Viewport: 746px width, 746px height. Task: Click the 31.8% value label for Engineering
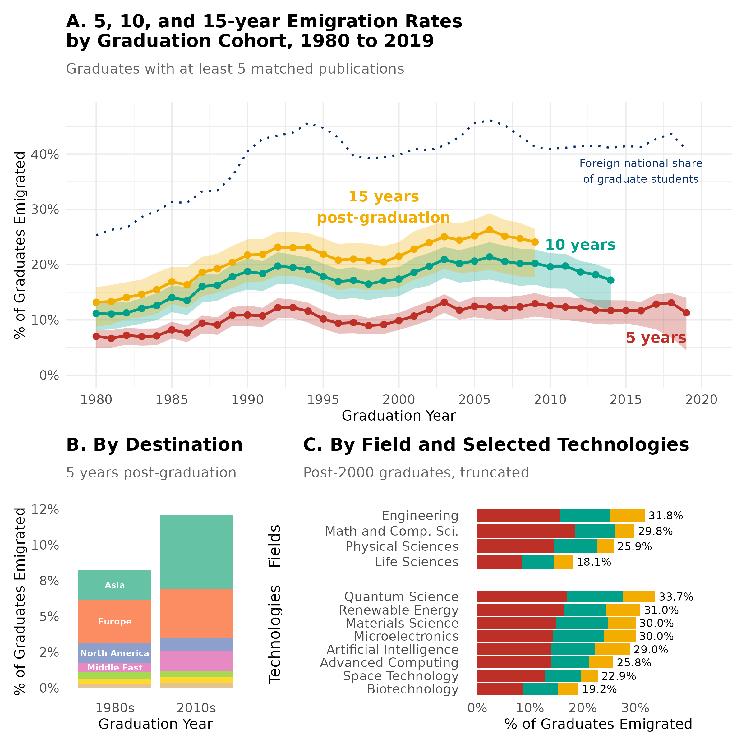(x=665, y=516)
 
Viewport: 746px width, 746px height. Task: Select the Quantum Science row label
(x=401, y=596)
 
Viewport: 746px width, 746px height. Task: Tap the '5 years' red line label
(x=656, y=338)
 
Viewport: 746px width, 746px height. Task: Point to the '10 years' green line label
(x=580, y=245)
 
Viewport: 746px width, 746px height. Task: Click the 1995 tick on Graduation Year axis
(x=323, y=400)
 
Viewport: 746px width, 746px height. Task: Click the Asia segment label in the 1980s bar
(x=115, y=585)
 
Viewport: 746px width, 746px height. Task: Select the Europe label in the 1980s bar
(x=115, y=622)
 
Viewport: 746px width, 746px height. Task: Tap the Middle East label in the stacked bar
(x=115, y=668)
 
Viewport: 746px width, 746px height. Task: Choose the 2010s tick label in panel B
(x=196, y=708)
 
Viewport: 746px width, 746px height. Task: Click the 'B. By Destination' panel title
(x=154, y=445)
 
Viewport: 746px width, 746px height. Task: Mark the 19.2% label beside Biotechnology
(x=599, y=689)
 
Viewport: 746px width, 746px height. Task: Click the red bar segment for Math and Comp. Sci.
(x=526, y=531)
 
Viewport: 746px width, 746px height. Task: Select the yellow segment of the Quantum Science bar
(x=639, y=596)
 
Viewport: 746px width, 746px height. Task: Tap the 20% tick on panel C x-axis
(x=583, y=708)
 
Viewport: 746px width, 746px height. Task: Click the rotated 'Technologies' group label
(x=274, y=634)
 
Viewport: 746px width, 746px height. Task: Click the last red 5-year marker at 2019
(x=686, y=313)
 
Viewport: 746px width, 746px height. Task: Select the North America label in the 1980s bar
(x=115, y=653)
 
